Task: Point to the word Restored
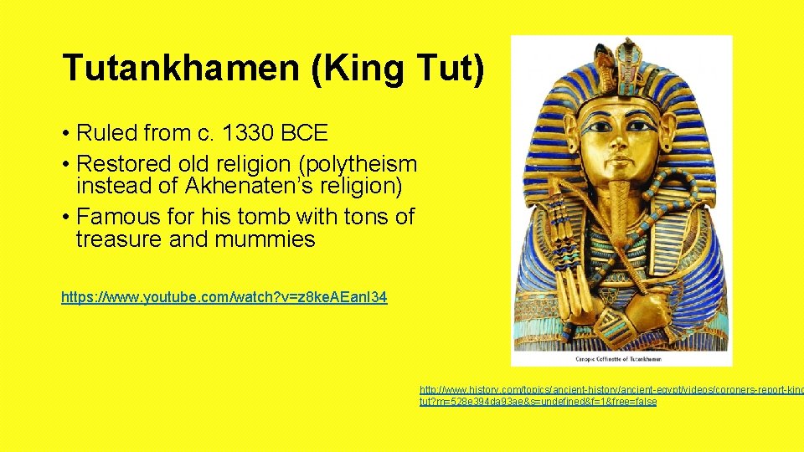click(x=126, y=164)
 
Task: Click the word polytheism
click(x=363, y=164)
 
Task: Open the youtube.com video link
click(x=224, y=297)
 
